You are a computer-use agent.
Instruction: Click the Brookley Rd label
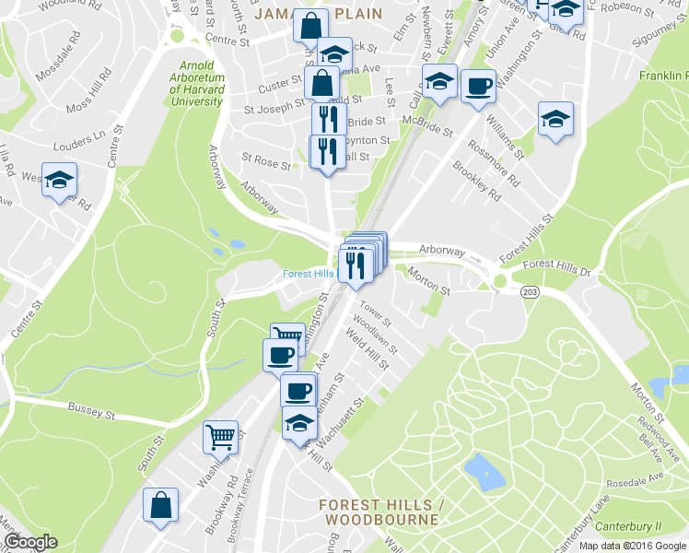click(477, 181)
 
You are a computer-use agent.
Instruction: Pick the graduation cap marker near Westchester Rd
click(60, 180)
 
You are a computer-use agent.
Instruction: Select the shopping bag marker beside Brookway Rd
click(160, 505)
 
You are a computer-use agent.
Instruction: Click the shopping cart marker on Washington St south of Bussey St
click(221, 437)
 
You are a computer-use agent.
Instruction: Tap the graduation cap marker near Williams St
click(555, 120)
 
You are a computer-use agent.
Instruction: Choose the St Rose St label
click(266, 163)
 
